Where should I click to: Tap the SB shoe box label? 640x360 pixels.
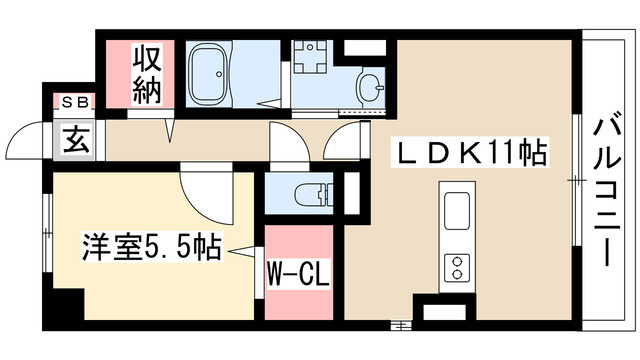coord(74,102)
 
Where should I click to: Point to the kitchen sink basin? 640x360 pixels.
coord(456,212)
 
